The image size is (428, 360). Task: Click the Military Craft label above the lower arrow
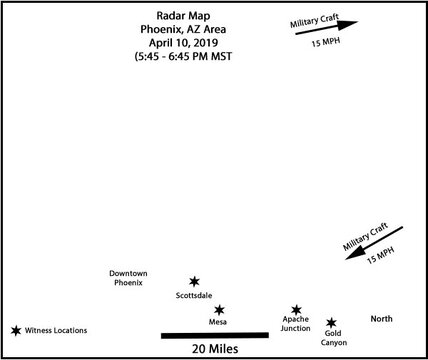[x=365, y=235]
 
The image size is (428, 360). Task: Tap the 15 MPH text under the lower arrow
[x=379, y=259]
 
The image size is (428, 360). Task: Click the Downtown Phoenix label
[x=128, y=278]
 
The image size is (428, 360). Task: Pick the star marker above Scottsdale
[x=194, y=283]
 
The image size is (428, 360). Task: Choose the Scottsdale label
[x=194, y=296]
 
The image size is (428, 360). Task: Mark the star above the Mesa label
[x=219, y=311]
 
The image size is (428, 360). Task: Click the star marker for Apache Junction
[x=296, y=311]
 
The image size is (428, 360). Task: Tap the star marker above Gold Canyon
[x=332, y=324]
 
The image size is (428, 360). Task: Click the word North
[x=381, y=319]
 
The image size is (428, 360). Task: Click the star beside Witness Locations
[x=16, y=330]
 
